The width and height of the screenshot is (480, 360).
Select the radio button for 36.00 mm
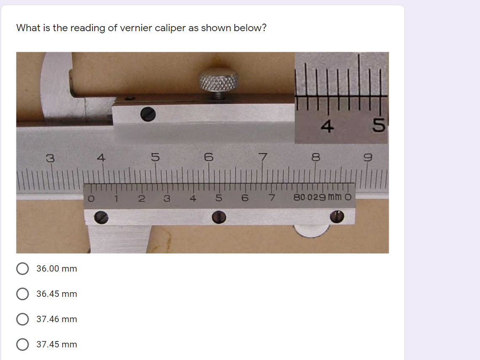22,269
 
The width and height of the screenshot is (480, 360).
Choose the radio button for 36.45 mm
22,294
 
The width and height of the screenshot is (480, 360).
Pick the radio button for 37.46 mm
22,319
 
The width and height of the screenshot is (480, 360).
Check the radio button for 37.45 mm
22,344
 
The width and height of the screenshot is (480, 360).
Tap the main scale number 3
50,158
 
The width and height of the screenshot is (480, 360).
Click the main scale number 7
263,158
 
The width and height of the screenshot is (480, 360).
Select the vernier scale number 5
219,197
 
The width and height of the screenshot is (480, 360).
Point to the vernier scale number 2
142,198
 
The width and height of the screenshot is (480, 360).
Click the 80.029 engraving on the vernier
308,197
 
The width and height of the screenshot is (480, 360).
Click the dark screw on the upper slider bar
148,113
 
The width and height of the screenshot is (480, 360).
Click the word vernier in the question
136,28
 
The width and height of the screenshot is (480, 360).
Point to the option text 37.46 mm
57,319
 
